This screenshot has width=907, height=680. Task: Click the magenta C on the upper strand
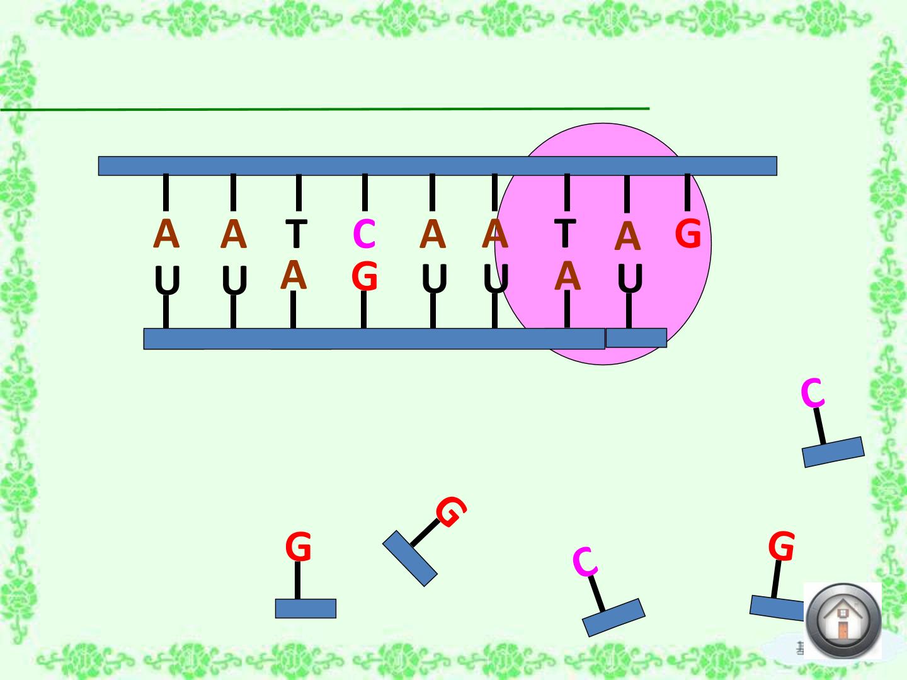(365, 234)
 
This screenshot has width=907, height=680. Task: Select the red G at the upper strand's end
(688, 233)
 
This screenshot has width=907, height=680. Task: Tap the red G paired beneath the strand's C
(365, 276)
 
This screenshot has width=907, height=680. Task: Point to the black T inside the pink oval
(565, 233)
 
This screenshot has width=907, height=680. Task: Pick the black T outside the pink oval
(297, 234)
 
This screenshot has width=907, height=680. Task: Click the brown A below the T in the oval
(568, 276)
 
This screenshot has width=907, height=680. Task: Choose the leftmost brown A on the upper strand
(166, 233)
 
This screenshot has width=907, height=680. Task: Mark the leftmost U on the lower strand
(168, 280)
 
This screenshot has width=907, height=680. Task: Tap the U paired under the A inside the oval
(630, 278)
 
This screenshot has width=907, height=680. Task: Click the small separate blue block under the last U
(636, 337)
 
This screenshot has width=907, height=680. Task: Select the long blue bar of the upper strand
(438, 166)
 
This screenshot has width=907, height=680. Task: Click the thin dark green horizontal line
(325, 110)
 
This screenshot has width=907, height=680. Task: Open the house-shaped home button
(843, 621)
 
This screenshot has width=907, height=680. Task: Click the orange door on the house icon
(843, 630)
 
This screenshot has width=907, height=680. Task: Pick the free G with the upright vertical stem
(299, 547)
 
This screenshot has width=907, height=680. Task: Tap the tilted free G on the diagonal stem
(451, 511)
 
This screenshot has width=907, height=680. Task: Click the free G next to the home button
(782, 546)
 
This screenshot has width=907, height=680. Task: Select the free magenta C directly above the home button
(813, 393)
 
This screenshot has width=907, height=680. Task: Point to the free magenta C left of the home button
(585, 562)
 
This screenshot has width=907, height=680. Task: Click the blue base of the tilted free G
(410, 558)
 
